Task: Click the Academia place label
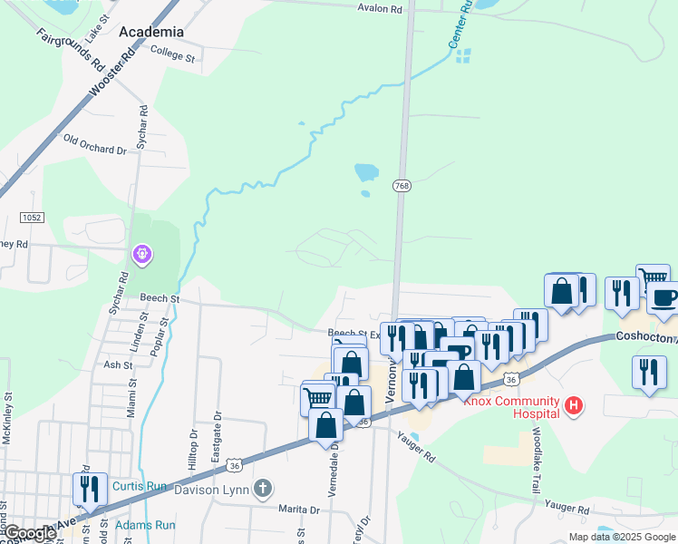pos(151,31)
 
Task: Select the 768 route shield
pos(402,186)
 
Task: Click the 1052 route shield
pos(33,218)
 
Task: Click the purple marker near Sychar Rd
pos(142,255)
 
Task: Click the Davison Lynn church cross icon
pos(263,490)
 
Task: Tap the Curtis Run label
pos(140,487)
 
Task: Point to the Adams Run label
pos(145,525)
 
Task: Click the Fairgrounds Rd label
pos(70,49)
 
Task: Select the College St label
pos(173,56)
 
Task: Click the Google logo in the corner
pos(29,533)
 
